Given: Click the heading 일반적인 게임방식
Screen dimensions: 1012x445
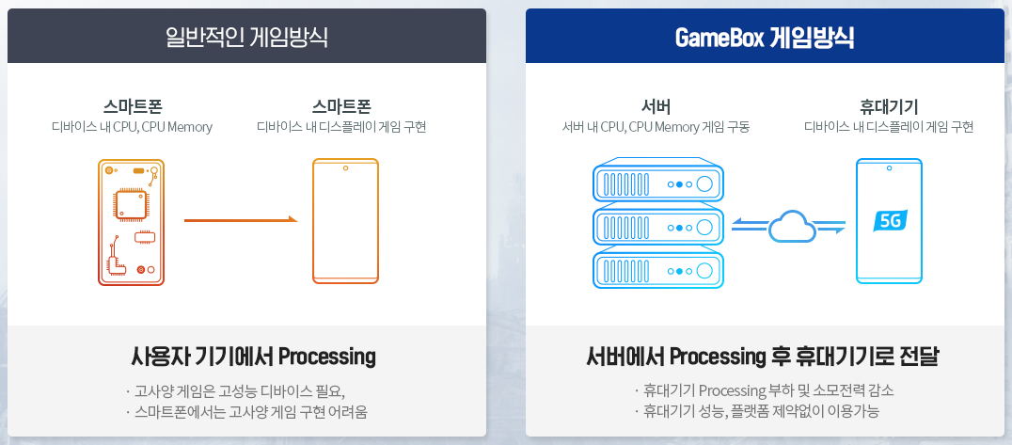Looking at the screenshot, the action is tap(246, 38).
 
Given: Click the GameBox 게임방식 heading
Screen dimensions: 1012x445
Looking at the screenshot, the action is tap(765, 38).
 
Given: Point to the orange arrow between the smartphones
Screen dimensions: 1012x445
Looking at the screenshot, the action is tap(240, 220).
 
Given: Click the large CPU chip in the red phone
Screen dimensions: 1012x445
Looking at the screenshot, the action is tap(130, 204).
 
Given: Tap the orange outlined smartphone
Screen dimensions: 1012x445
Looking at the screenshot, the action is tap(345, 221).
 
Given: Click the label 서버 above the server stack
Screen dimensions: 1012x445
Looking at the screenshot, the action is tap(655, 105).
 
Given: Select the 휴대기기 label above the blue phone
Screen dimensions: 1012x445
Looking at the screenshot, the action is tap(889, 105).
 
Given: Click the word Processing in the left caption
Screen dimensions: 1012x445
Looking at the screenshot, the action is tap(327, 358).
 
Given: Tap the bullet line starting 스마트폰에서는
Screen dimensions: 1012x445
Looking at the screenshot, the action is tap(246, 411).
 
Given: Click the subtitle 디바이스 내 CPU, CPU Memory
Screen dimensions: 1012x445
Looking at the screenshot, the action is tap(132, 127).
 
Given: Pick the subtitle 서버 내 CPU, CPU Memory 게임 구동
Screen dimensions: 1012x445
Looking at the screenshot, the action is tap(656, 127).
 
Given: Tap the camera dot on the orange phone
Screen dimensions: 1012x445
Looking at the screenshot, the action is tap(345, 168).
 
